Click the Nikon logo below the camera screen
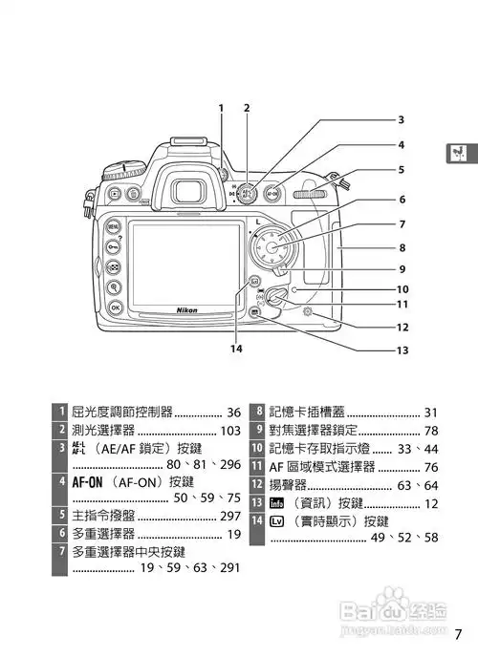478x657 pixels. [187, 310]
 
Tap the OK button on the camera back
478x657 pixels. [116, 307]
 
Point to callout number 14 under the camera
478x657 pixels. [235, 350]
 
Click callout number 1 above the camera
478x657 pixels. [221, 107]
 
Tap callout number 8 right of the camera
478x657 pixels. [402, 247]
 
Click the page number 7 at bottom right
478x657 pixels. [459, 633]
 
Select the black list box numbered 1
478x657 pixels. [60, 413]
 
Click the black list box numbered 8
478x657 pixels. [257, 413]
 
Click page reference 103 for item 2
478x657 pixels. [229, 431]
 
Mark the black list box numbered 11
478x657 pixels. [257, 467]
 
